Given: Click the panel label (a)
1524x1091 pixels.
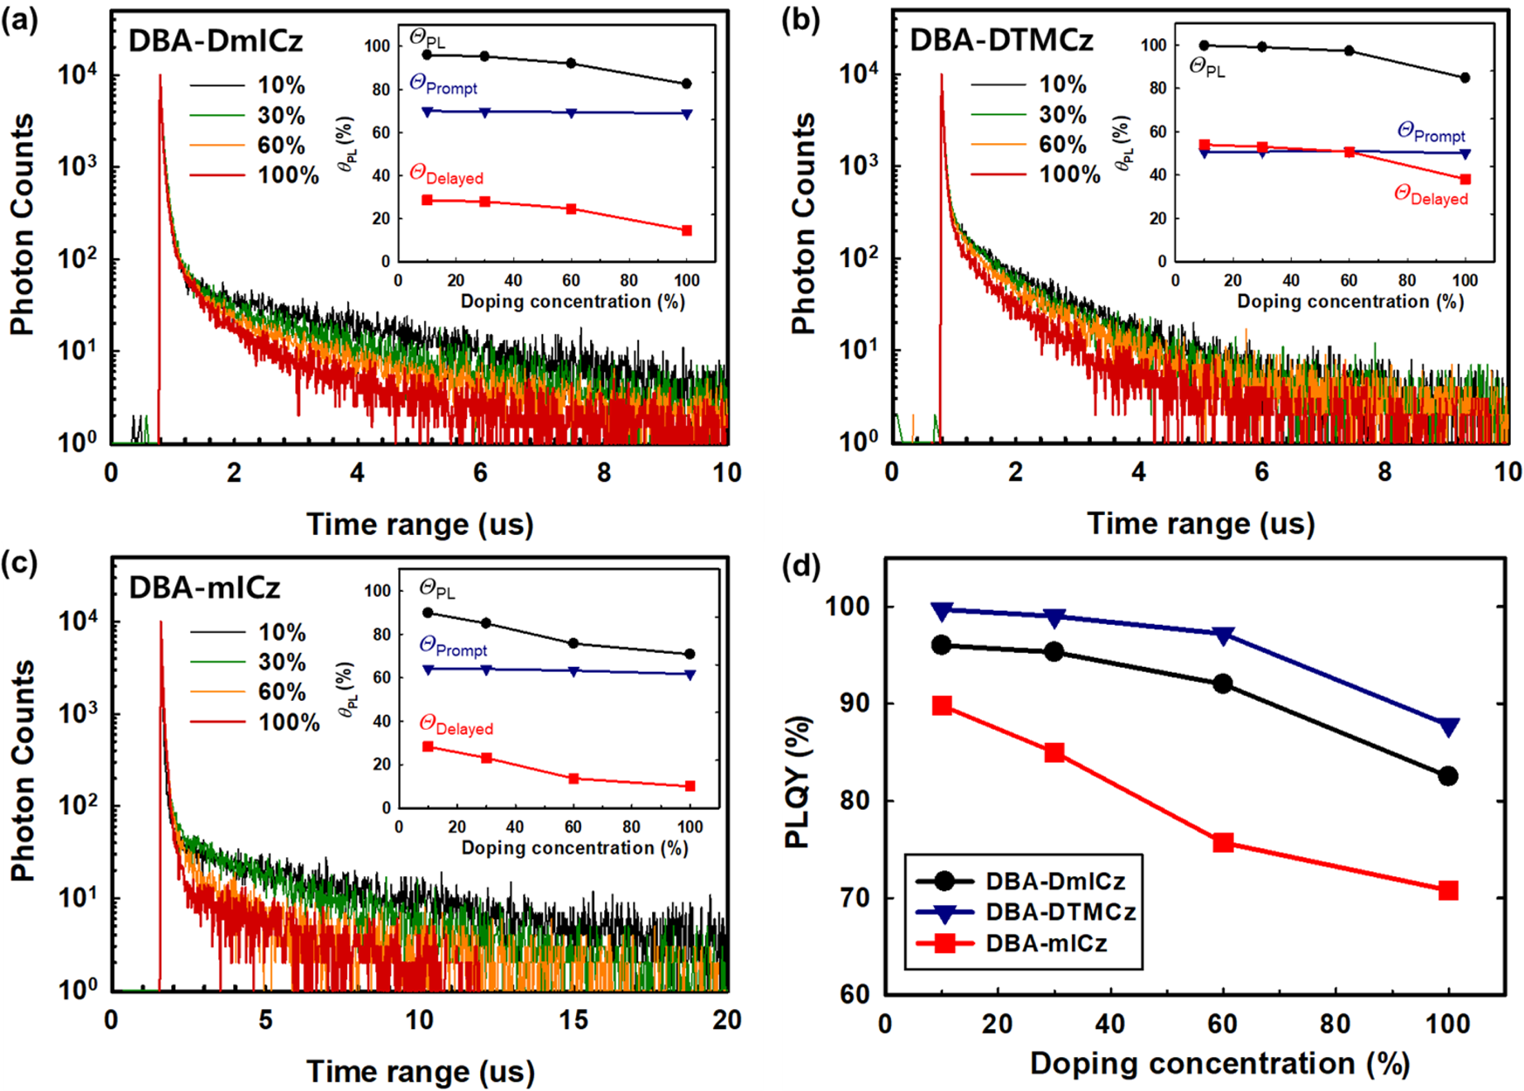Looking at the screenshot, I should click(x=19, y=19).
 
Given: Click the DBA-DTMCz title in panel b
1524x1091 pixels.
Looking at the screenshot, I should click(x=1000, y=41).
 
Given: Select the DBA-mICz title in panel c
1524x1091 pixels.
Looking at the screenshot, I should click(x=204, y=587).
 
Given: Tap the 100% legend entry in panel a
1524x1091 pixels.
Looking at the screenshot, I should click(x=288, y=175).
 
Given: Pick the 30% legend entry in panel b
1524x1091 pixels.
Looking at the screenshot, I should click(x=1062, y=114).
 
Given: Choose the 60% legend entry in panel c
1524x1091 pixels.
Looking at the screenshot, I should click(x=281, y=692).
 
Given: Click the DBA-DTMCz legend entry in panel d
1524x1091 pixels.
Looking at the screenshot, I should click(x=1061, y=912).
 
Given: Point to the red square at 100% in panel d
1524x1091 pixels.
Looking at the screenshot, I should click(x=1448, y=890).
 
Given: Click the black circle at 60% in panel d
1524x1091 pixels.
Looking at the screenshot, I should click(x=1223, y=683).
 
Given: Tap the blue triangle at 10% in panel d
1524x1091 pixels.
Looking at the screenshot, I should click(x=941, y=611).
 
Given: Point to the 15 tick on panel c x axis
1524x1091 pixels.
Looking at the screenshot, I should click(x=573, y=1020).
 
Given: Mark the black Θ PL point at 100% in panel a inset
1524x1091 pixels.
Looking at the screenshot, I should click(x=687, y=84).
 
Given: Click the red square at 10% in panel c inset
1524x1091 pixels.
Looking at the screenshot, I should click(x=428, y=747).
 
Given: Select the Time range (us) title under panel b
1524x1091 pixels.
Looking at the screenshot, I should click(x=1200, y=524).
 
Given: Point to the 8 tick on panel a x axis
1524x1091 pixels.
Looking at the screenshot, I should click(x=604, y=473).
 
